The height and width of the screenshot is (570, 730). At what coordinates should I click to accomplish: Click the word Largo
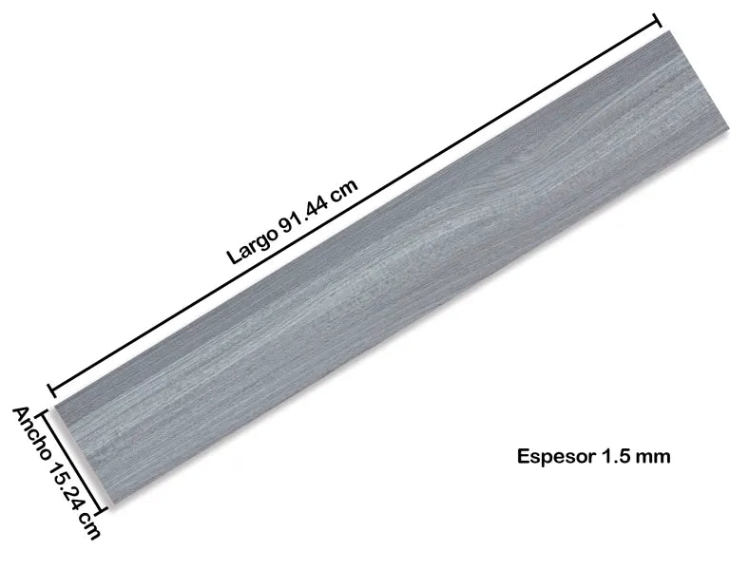pos(252,246)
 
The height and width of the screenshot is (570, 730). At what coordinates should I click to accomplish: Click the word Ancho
pos(32,433)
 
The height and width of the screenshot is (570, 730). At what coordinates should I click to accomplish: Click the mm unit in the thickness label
pos(653,457)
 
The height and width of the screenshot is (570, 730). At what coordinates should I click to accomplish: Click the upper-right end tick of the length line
pos(658,21)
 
